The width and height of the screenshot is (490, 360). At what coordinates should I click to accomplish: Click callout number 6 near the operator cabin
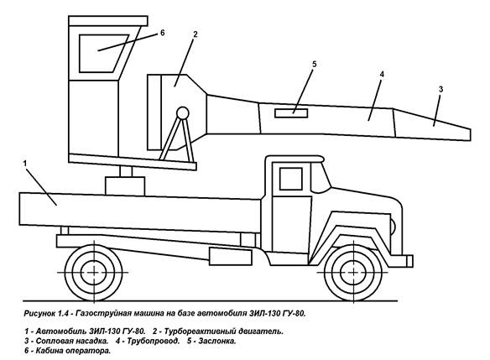click(162, 33)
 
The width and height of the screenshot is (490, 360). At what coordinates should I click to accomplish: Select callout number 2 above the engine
click(195, 34)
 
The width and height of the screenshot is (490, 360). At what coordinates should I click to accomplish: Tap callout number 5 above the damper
click(315, 64)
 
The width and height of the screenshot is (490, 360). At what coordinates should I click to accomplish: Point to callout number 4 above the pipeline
click(382, 74)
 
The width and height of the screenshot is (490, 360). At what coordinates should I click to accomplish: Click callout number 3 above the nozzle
click(440, 90)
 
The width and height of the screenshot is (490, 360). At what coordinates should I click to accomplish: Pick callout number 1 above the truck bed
click(25, 163)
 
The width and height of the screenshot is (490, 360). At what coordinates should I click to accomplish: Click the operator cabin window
click(103, 54)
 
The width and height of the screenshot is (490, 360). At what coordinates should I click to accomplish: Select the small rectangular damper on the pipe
click(291, 113)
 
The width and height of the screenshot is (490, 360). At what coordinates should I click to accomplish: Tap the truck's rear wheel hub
click(93, 273)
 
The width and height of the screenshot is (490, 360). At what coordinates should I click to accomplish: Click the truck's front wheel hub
click(352, 273)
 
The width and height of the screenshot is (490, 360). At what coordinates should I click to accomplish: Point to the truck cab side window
click(291, 179)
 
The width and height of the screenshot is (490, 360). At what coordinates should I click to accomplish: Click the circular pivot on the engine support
click(183, 112)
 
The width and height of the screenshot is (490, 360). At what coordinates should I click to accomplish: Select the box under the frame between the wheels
click(231, 257)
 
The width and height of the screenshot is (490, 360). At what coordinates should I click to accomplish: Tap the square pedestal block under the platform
click(125, 186)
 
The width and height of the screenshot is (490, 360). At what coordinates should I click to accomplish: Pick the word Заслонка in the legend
click(216, 341)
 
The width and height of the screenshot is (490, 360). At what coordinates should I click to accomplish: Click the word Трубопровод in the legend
click(153, 342)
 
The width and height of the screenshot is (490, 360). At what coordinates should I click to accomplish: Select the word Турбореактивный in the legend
click(200, 331)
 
